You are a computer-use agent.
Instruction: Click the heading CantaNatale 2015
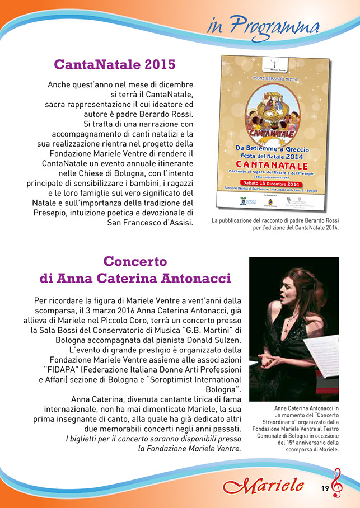(114, 64)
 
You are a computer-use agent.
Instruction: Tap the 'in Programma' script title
(263, 26)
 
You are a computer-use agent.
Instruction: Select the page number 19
(325, 488)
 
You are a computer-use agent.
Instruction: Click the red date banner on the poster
(271, 184)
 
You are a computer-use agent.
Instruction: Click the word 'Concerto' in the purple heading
(135, 261)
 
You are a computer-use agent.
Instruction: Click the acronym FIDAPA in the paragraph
(63, 369)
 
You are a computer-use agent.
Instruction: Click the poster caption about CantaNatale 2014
(275, 224)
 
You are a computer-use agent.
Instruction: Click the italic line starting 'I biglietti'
(153, 439)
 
